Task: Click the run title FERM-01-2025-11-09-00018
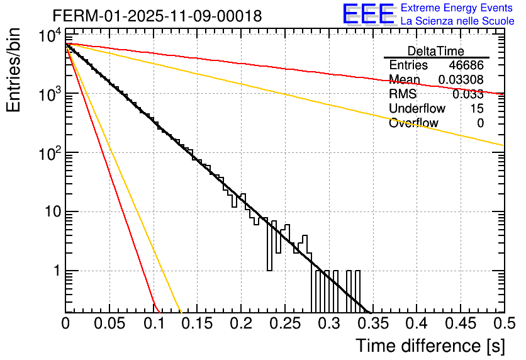157,16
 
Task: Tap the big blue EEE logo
368,15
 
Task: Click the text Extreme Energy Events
457,8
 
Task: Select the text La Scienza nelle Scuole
457,21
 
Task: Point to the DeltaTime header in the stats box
436,51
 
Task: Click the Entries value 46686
466,65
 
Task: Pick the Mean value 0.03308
461,80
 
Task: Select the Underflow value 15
476,109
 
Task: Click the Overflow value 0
480,123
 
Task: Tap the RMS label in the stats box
403,94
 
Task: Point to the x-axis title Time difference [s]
428,346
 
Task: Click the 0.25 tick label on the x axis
285,323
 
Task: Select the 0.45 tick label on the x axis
460,323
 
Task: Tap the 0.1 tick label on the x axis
154,323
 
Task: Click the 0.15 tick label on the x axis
198,323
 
